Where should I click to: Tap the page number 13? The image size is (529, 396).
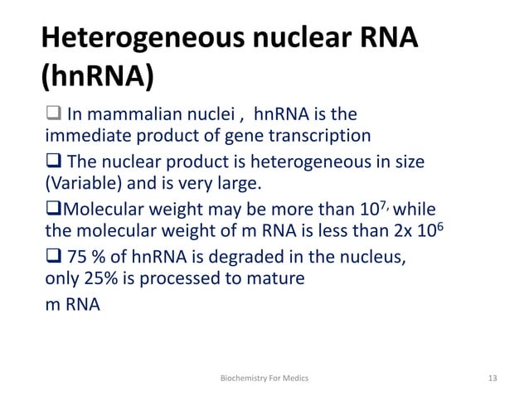click(x=493, y=378)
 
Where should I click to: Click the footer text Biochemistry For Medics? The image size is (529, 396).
click(x=264, y=378)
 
